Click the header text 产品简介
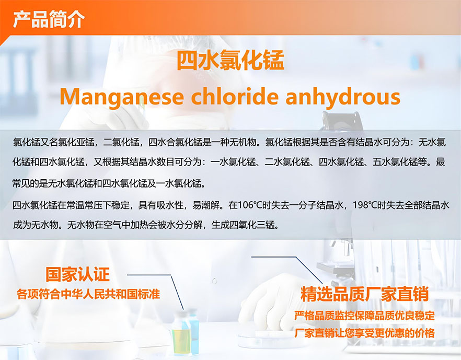49,19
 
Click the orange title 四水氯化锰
230,60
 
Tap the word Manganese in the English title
121,97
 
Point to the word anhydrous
343,98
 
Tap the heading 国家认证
77,274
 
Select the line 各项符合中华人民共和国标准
88,294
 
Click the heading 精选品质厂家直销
365,295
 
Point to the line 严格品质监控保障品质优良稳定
365,316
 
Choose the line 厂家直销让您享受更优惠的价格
365,333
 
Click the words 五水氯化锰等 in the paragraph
399,162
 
